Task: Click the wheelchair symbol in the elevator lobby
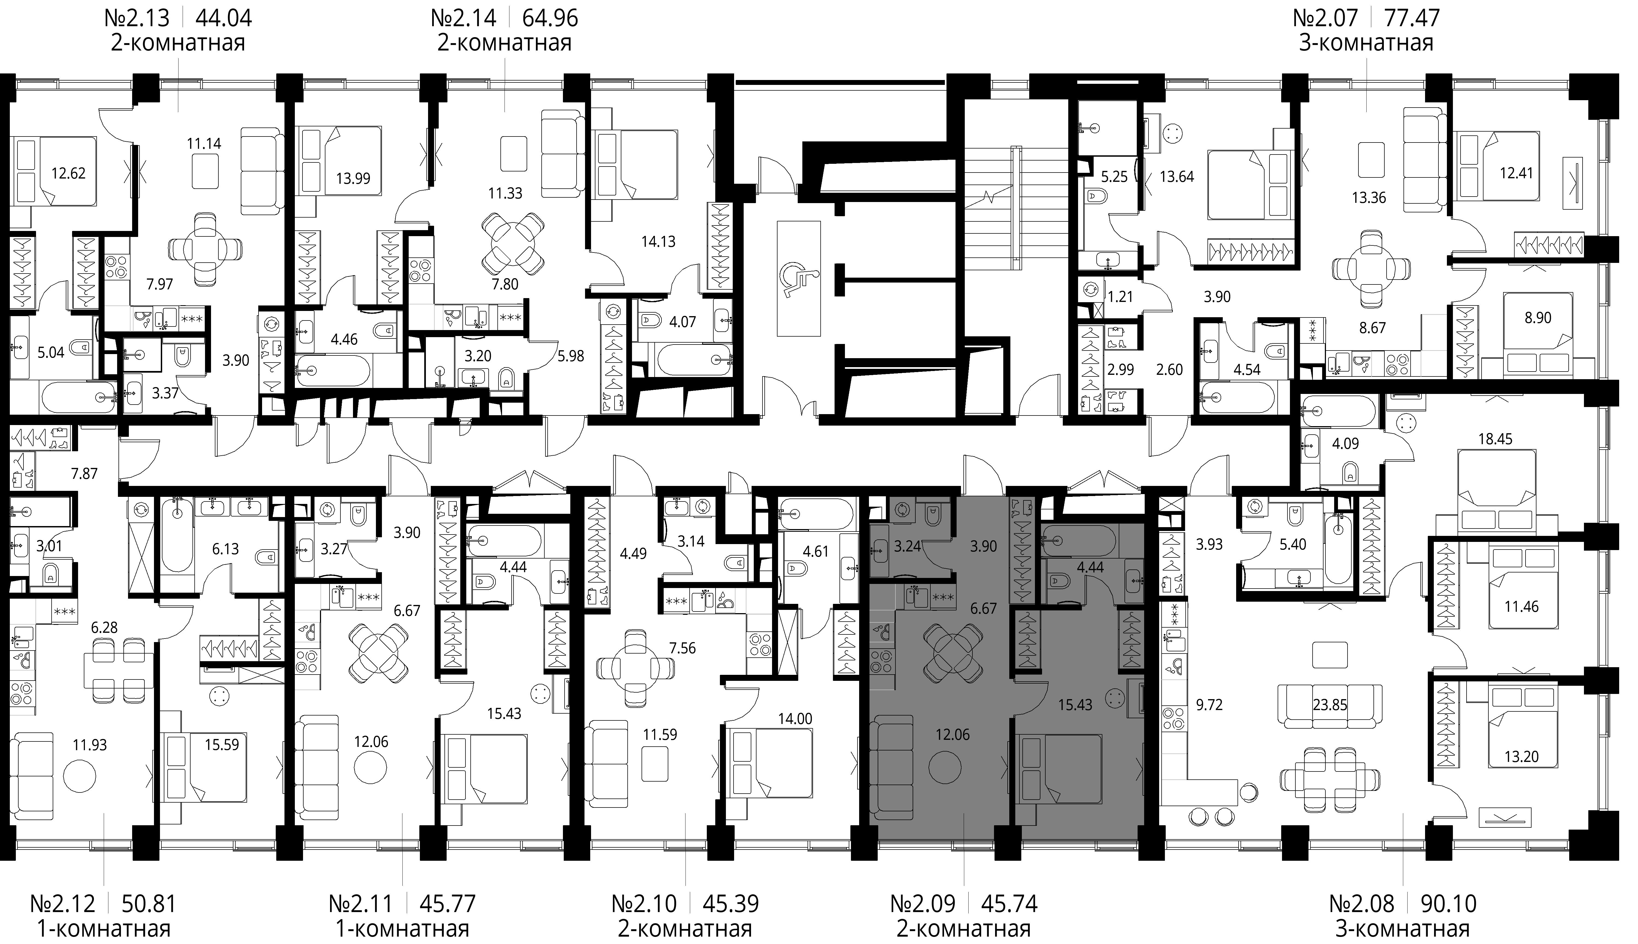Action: (799, 280)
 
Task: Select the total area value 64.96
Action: (550, 17)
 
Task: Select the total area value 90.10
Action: (1448, 903)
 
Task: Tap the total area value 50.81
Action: (149, 903)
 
